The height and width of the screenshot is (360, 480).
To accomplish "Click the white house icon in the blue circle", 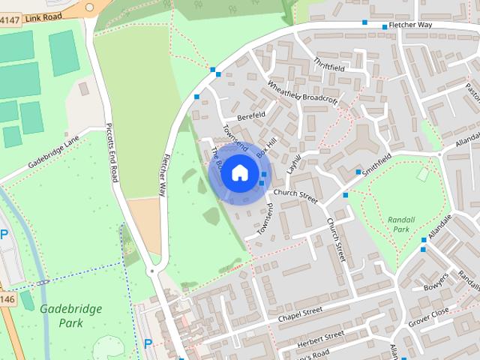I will pyautogui.click(x=239, y=173).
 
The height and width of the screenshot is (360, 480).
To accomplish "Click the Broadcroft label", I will pyautogui.click(x=321, y=99).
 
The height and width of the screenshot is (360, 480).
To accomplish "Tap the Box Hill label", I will pyautogui.click(x=266, y=146).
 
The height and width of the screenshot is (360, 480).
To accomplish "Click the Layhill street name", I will pyautogui.click(x=295, y=164).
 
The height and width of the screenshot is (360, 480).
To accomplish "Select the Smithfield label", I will pyautogui.click(x=377, y=164).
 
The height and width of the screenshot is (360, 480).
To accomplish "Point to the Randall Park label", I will pyautogui.click(x=401, y=224).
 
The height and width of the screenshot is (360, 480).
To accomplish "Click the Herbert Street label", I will pyautogui.click(x=320, y=337).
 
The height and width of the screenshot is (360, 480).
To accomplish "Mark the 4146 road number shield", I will pyautogui.click(x=7, y=278).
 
